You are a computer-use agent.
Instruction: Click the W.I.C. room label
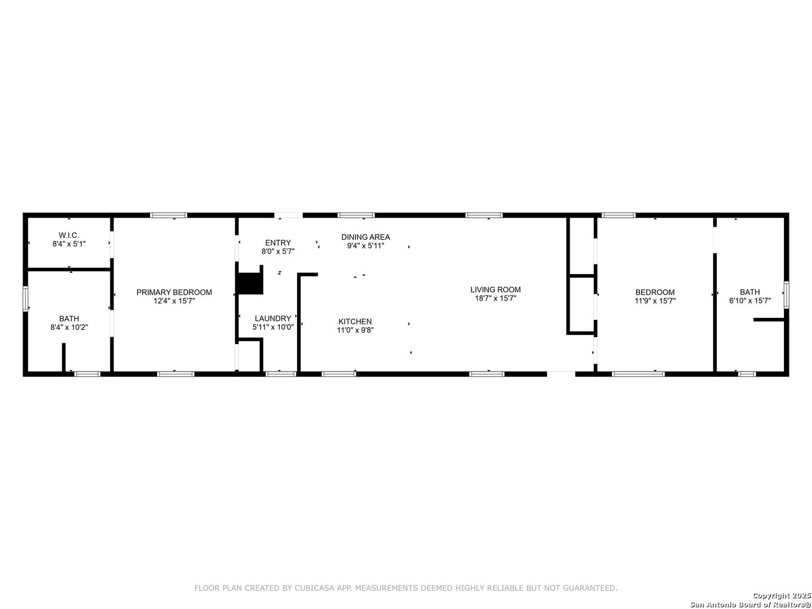[69, 235]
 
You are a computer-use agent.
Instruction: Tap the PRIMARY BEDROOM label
[174, 292]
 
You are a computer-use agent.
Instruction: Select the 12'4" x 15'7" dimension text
[174, 301]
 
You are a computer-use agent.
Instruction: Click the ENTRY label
[278, 242]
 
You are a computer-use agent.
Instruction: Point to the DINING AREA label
[365, 237]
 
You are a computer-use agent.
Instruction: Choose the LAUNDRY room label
[273, 319]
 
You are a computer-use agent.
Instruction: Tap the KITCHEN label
[355, 321]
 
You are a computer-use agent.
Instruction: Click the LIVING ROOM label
[495, 289]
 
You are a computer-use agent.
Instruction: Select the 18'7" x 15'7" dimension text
[495, 298]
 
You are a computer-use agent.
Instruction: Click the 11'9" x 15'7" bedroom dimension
[655, 301]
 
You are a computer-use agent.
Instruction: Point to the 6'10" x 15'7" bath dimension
[750, 301]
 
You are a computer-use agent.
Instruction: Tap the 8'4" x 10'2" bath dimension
[69, 327]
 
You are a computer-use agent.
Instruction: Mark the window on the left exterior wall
[25, 299]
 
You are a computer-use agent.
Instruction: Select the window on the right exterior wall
[786, 295]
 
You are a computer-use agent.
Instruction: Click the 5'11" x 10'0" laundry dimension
[273, 327]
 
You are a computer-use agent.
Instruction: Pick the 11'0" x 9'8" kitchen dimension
[355, 330]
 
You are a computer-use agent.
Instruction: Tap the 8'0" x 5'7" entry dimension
[278, 251]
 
